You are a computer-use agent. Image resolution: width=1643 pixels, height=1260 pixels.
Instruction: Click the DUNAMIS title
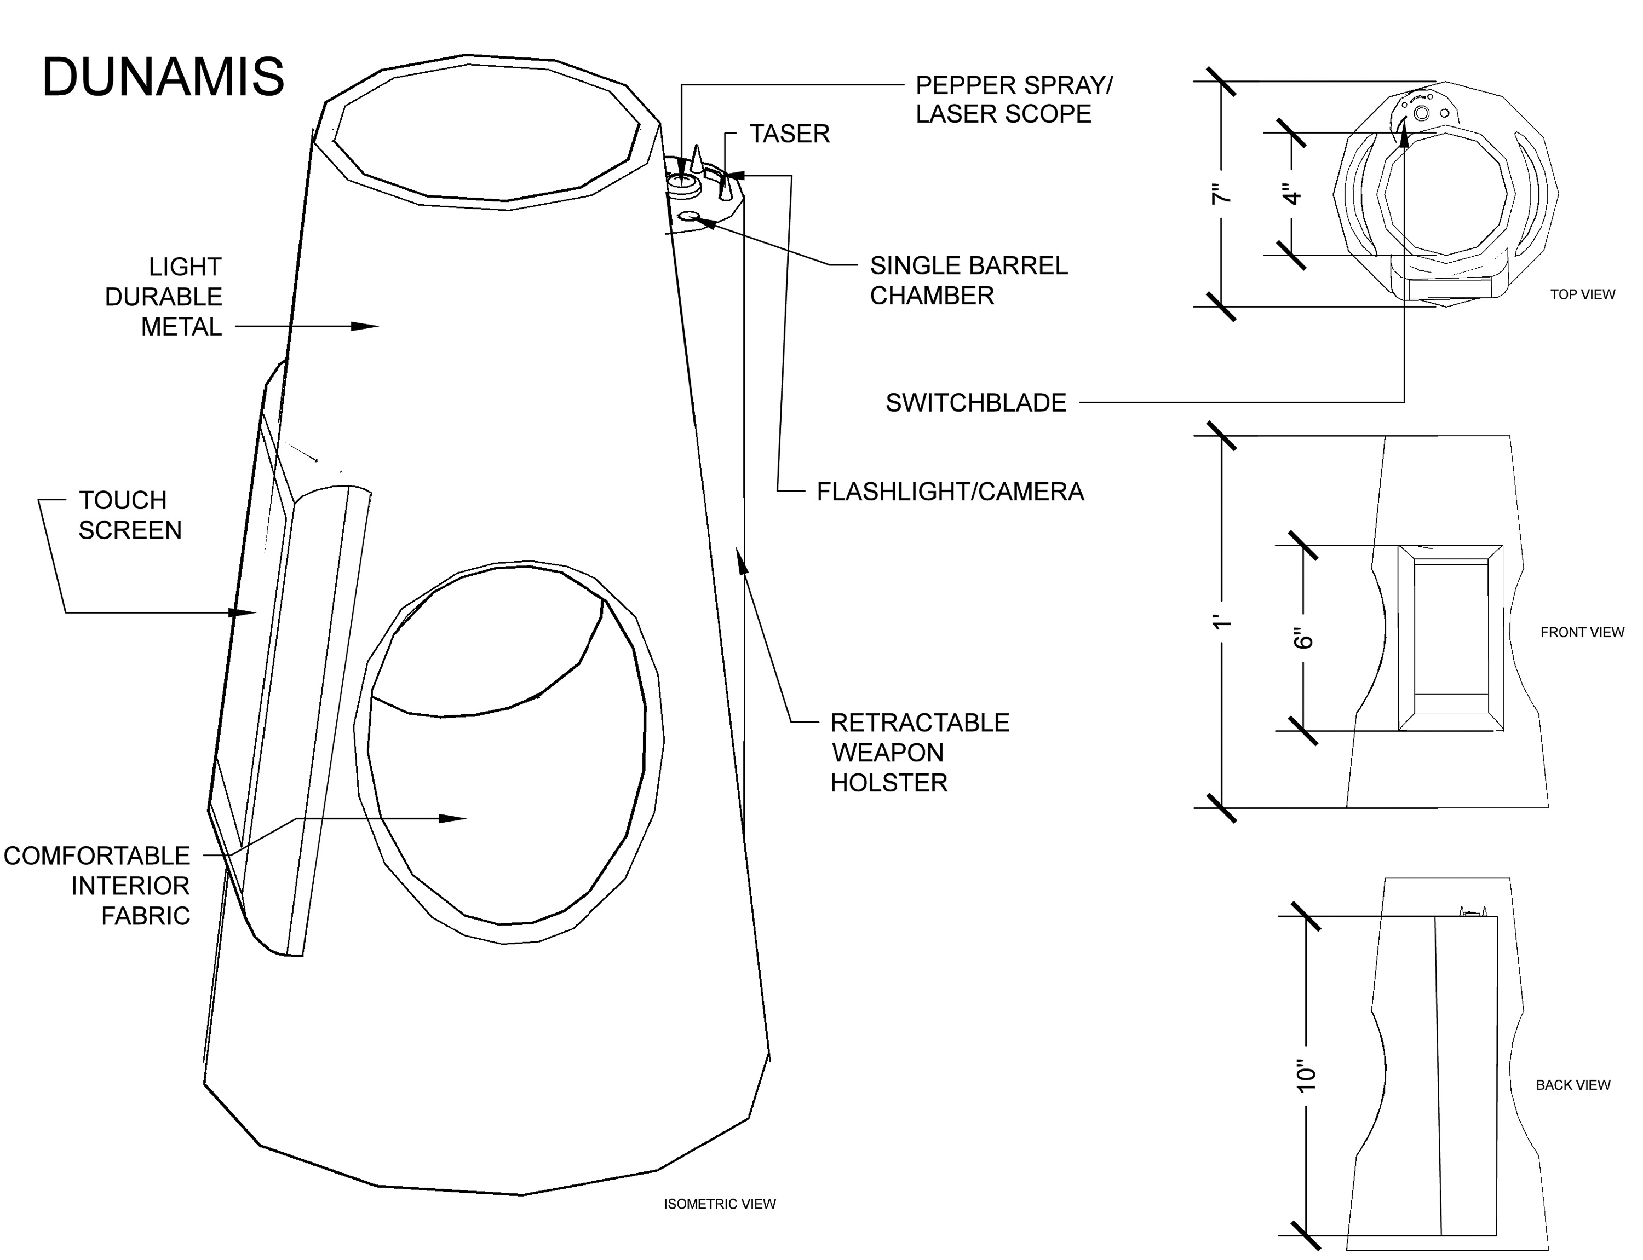pos(163,77)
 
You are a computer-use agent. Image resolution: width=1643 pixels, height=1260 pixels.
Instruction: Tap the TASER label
pos(789,134)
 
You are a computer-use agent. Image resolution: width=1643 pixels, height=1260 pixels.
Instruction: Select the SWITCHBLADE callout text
pos(975,403)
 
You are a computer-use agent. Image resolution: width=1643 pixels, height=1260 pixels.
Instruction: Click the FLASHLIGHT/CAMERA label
pos(950,492)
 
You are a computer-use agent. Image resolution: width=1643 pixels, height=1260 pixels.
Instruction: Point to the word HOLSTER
pos(888,783)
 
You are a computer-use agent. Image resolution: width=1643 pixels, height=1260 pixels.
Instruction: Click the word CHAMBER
pos(931,296)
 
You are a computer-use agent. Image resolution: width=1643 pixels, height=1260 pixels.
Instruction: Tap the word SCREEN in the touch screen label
pos(130,530)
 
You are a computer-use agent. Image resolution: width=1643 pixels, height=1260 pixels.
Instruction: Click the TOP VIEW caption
pos(1582,295)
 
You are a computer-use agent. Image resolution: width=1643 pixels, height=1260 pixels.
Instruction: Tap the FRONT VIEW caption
pos(1582,632)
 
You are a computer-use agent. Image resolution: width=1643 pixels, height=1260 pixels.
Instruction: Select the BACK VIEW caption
pos(1572,1085)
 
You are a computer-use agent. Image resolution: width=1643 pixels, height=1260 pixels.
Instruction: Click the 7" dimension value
pos(1221,194)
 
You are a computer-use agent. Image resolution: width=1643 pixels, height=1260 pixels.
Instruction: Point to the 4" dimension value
pos(1292,194)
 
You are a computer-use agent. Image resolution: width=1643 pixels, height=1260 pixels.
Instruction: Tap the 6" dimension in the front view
pos(1305,638)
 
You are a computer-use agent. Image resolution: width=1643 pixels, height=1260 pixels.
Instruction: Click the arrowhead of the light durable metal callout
pos(366,326)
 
